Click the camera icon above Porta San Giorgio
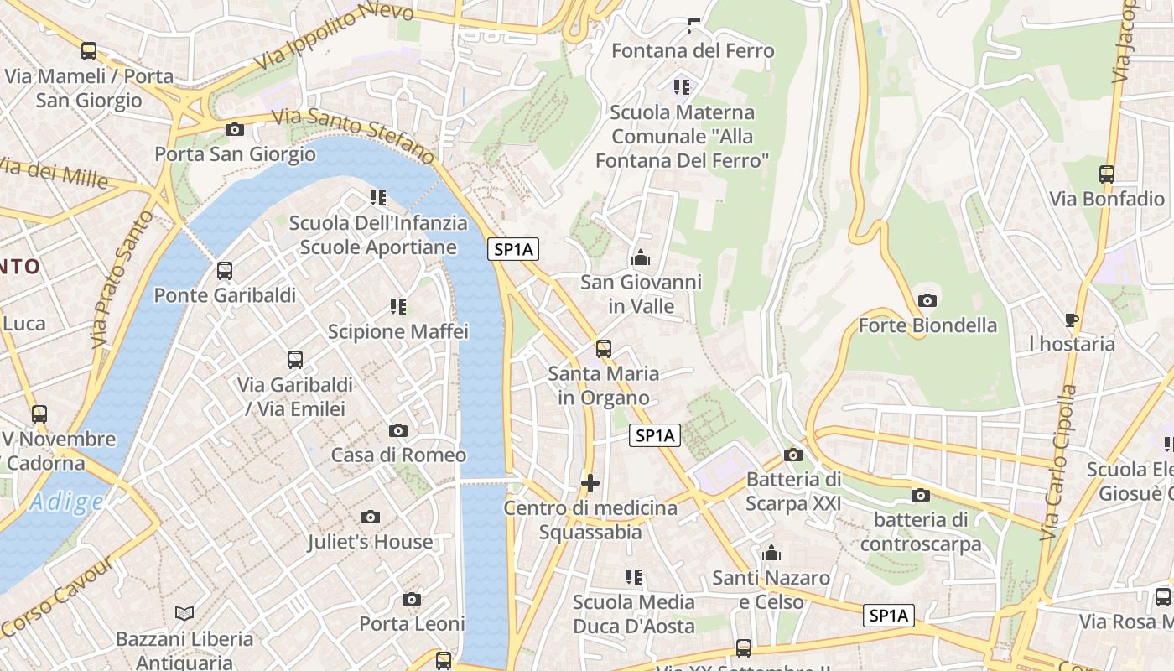(x=235, y=129)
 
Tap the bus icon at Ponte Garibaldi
(x=225, y=271)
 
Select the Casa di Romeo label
(x=398, y=455)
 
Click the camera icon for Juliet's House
(x=371, y=518)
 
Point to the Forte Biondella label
(x=927, y=325)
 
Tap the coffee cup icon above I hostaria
(x=1071, y=320)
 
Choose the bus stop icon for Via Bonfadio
(x=1107, y=174)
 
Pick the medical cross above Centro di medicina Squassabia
(x=590, y=483)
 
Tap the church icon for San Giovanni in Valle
(x=641, y=257)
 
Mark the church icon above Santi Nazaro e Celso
(x=771, y=554)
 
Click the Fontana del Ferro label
(x=693, y=51)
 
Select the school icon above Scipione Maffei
(x=398, y=307)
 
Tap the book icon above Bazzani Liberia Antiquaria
(x=184, y=614)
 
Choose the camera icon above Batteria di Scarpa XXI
(x=792, y=455)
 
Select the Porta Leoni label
(x=412, y=624)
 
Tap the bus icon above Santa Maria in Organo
(x=604, y=349)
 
